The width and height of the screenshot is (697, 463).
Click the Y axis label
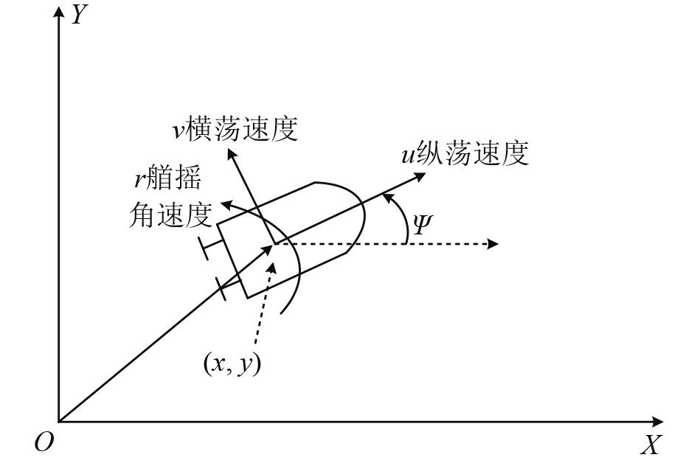(x=76, y=14)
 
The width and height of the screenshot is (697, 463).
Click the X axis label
(x=649, y=445)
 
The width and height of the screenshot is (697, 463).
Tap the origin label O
(x=41, y=442)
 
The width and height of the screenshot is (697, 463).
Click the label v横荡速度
(x=232, y=129)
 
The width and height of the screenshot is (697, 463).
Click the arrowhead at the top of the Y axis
(x=58, y=14)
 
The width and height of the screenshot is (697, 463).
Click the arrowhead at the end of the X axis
(x=656, y=422)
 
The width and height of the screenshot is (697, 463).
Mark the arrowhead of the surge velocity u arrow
(x=422, y=176)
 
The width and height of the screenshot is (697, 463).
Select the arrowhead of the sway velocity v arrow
(x=232, y=153)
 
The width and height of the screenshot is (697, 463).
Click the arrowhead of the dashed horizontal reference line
(x=496, y=243)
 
